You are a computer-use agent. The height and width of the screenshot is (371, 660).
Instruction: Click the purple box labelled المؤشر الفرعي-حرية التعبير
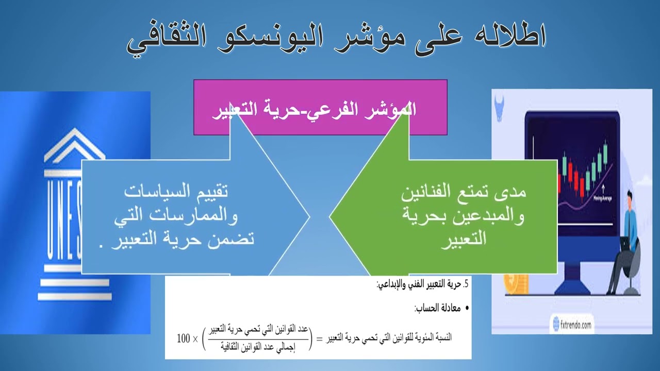(320, 107)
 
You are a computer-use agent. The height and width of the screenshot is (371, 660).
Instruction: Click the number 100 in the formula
(184, 339)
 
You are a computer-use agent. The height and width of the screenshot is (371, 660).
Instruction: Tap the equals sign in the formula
(319, 339)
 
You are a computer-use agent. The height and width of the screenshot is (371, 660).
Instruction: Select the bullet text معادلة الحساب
(436, 309)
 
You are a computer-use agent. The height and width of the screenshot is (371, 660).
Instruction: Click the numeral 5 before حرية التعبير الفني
(466, 283)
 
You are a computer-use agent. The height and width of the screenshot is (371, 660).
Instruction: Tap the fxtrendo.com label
(572, 325)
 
